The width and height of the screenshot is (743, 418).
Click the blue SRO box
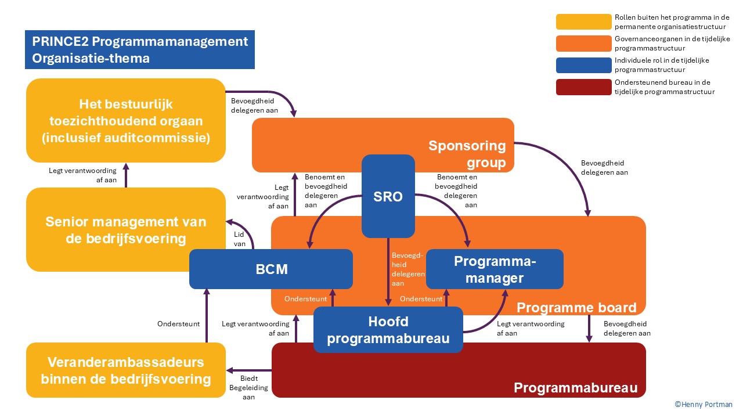tap(388, 196)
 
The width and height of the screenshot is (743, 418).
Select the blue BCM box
tap(271, 269)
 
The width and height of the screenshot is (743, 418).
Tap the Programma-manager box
tap(495, 269)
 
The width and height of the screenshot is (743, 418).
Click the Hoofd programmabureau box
tap(388, 330)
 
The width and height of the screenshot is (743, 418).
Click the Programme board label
tap(576, 307)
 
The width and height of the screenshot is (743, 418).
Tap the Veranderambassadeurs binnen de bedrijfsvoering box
tap(126, 370)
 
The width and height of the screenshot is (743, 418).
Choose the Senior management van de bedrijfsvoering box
tap(126, 230)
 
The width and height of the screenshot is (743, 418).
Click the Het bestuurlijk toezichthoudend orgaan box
tap(126, 121)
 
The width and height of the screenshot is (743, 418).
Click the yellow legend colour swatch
tap(583, 21)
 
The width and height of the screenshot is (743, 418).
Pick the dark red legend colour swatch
tap(583, 87)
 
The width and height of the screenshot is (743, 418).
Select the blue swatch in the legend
tap(583, 65)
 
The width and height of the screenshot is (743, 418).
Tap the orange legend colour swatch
tap(583, 44)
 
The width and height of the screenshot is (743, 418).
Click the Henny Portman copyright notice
tap(703, 405)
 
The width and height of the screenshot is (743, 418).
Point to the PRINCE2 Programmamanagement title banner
tap(140, 50)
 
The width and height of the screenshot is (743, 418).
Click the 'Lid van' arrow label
tap(240, 240)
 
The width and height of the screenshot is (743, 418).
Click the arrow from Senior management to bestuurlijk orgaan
tap(127, 175)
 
